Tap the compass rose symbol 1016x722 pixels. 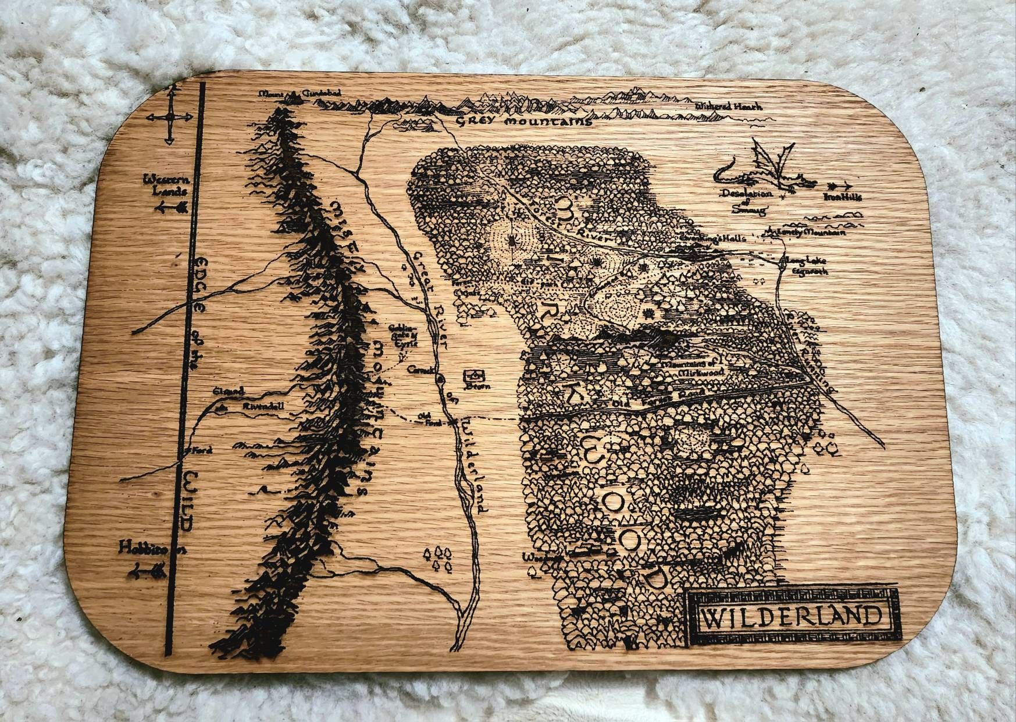click(169, 118)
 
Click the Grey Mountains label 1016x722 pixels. click(523, 122)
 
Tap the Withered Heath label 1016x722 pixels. click(728, 106)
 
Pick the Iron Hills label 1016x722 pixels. click(842, 197)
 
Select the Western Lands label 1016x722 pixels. click(166, 186)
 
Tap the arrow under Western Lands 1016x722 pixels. click(170, 208)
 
